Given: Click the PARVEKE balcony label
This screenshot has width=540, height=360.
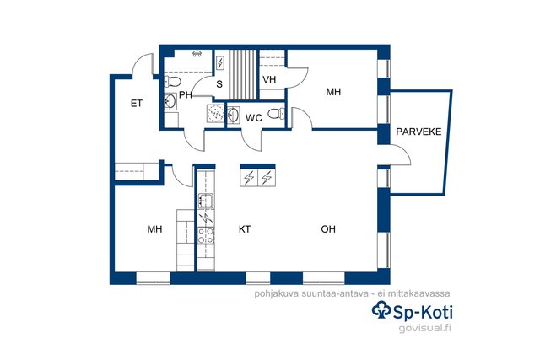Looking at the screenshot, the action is coord(418,132).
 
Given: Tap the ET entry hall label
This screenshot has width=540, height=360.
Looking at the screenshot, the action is coord(137,104).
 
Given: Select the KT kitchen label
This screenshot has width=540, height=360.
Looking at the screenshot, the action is coord(245,229).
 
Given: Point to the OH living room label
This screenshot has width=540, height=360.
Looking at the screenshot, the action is coord(328,229).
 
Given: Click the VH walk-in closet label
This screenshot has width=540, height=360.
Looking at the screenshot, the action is coord(269,80).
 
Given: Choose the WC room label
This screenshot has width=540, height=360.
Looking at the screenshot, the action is coord(254,118).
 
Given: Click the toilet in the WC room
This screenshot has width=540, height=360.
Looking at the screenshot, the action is coord(276,113).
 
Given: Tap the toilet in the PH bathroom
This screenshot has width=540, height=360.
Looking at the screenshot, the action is coord(173,82).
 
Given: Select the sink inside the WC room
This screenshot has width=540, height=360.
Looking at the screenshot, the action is coord(233,115).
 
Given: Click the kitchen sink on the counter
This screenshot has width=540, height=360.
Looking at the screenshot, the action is coord(206,201).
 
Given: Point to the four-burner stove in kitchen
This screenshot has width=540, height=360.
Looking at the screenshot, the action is coord(206,236).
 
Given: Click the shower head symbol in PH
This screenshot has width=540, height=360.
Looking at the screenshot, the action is coord(197,54).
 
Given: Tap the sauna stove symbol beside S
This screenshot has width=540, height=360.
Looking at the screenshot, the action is coord(219,63).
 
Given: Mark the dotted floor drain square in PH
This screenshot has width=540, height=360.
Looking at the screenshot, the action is coord(215,113).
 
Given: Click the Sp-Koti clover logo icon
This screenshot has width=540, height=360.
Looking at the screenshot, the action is coord(381,310).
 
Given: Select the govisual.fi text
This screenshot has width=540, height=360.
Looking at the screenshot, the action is coord(424,328).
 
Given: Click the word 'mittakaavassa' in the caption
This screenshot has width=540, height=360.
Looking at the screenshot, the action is coord(418,293).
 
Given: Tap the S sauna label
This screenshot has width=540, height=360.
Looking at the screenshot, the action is coord(219,84).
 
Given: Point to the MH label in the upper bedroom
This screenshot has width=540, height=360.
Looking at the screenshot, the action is coord(333,92).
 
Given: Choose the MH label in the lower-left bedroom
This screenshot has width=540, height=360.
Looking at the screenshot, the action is coord(154,229).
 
